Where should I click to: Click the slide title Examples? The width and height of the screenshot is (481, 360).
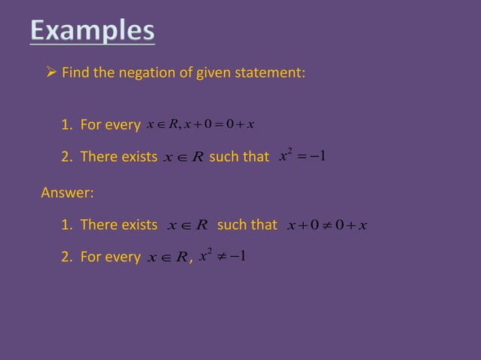(93, 32)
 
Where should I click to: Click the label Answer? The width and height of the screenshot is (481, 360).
(67, 193)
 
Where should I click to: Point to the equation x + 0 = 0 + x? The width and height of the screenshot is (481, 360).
(219, 124)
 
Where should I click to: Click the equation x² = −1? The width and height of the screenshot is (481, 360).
(301, 157)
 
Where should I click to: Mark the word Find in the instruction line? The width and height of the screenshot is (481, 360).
(73, 74)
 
